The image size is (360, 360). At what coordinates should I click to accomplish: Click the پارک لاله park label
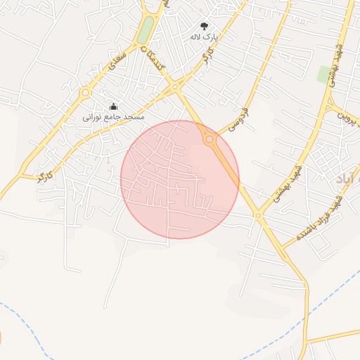coord(205,36)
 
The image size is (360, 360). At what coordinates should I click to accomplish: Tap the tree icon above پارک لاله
coord(205,25)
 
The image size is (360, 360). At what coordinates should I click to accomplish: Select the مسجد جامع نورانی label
coord(113,116)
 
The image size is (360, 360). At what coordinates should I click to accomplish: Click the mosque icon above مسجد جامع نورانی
coord(114,105)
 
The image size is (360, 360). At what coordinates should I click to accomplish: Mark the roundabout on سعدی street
coord(85,92)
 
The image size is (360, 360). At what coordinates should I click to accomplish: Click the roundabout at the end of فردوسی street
coord(209,141)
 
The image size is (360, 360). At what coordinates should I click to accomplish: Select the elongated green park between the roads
coord(145,30)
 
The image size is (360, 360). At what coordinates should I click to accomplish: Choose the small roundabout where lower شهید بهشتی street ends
coord(258,215)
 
